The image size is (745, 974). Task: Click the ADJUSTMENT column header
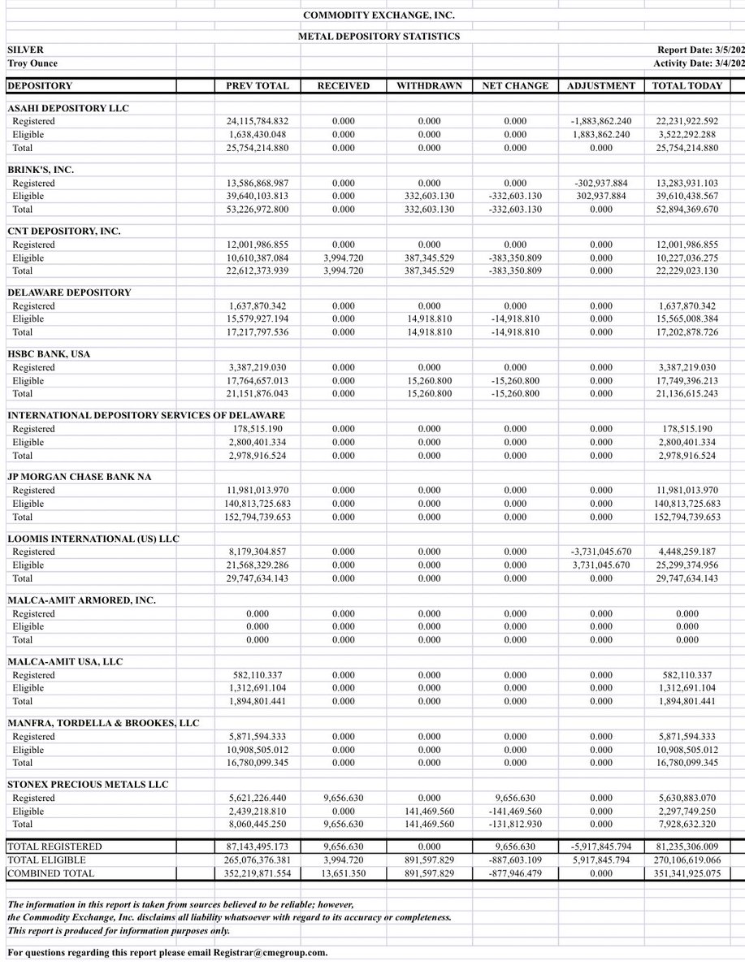click(x=601, y=85)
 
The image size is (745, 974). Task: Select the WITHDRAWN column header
click(x=429, y=85)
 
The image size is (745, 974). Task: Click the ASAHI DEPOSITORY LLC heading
click(x=68, y=108)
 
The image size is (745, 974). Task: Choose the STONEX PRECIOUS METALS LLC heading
click(x=88, y=785)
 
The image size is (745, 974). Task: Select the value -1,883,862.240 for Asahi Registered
click(x=601, y=121)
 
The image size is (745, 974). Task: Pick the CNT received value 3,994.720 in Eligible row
click(x=343, y=258)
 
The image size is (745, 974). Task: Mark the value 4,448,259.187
click(x=687, y=552)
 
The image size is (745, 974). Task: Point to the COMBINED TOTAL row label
click(x=50, y=873)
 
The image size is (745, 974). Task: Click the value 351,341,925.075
click(x=687, y=873)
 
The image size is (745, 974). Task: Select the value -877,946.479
click(x=515, y=873)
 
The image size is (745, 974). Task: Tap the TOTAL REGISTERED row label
click(x=54, y=846)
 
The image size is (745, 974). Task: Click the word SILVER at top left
click(x=25, y=50)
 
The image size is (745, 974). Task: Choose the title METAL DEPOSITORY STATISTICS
click(x=379, y=36)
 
